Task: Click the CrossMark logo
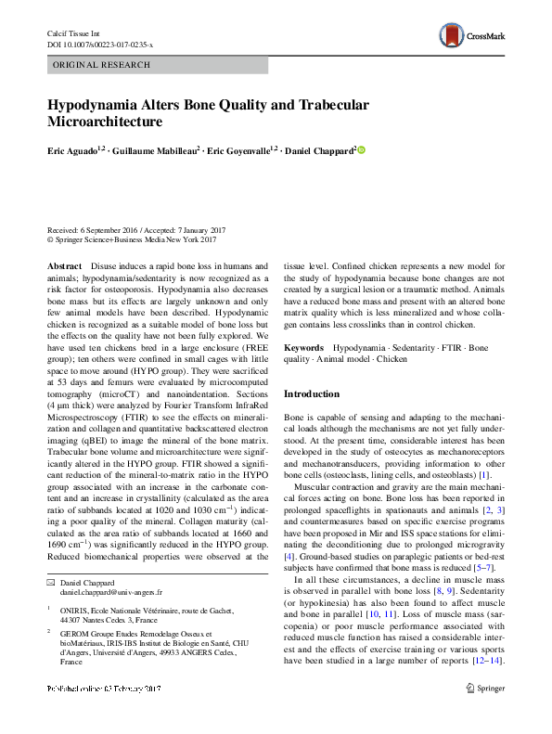pyautogui.click(x=471, y=35)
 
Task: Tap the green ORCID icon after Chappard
pyautogui.click(x=363, y=149)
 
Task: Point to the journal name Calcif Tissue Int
pyautogui.click(x=71, y=33)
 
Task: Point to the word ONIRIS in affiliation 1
pyautogui.click(x=74, y=611)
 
